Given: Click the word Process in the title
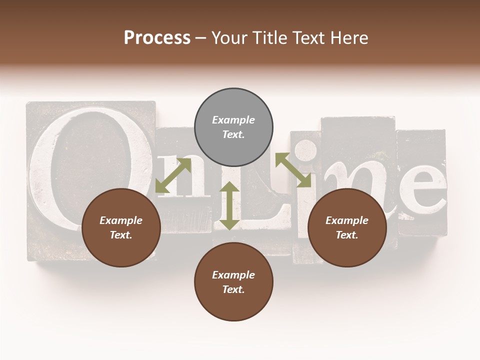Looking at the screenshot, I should (x=157, y=38).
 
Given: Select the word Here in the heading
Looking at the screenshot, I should (x=348, y=38).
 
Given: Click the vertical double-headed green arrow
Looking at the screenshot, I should (x=229, y=205).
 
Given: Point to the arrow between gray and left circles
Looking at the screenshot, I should (x=173, y=175).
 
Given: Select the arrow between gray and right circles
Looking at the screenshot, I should (x=293, y=170).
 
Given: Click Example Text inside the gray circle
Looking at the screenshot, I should (x=233, y=127).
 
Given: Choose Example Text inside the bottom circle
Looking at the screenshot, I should (x=233, y=282).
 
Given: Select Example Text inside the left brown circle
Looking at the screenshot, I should (x=121, y=227).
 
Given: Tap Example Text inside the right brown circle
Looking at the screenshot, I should (x=347, y=227).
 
